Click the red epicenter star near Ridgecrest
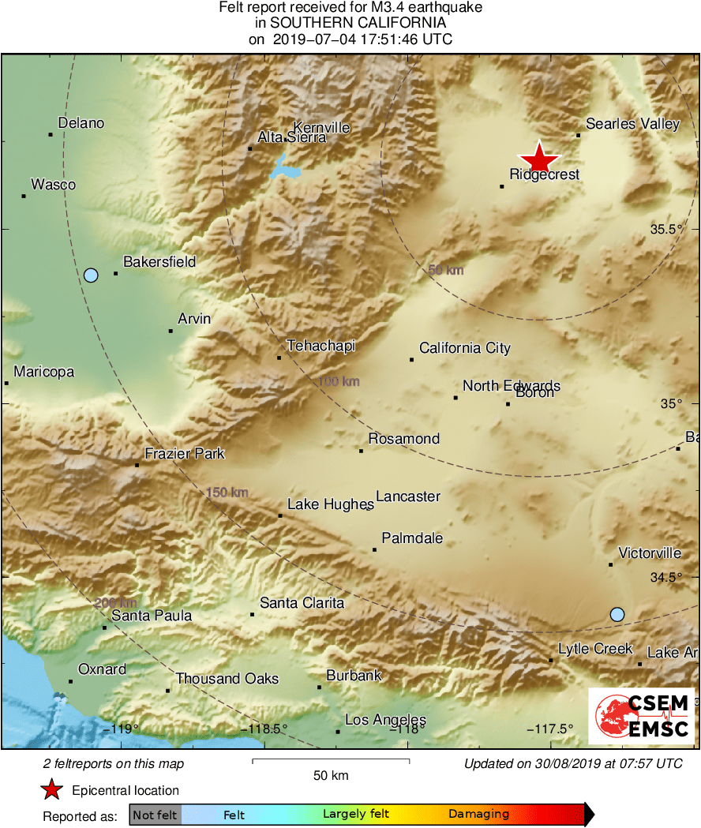click(539, 157)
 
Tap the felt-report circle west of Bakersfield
click(91, 275)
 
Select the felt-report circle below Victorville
click(617, 614)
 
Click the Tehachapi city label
click(321, 346)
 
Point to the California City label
click(465, 348)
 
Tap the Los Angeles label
click(385, 720)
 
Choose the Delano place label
click(81, 123)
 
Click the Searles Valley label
click(633, 124)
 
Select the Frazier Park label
click(185, 454)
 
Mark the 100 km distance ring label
click(339, 382)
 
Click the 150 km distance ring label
click(227, 493)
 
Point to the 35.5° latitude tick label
click(666, 230)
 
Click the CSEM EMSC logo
click(641, 716)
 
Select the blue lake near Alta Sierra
click(283, 168)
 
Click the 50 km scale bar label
click(331, 776)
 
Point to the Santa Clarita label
click(302, 603)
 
